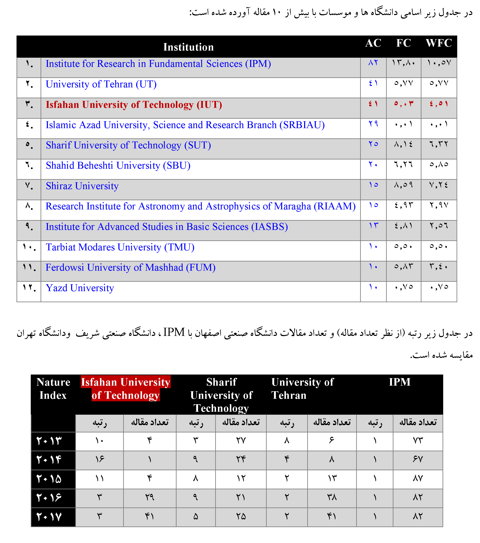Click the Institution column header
pyautogui.click(x=188, y=47)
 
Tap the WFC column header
pyautogui.click(x=439, y=43)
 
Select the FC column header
pyautogui.click(x=403, y=43)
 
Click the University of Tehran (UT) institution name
pyautogui.click(x=101, y=84)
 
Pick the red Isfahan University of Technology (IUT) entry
pyautogui.click(x=134, y=105)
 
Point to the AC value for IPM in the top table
pyautogui.click(x=373, y=63)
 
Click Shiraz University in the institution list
pyautogui.click(x=82, y=186)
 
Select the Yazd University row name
pyautogui.click(x=80, y=288)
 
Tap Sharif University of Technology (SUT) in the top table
pyautogui.click(x=128, y=145)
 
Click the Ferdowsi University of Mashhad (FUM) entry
pyautogui.click(x=131, y=268)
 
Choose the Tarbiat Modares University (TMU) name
pyautogui.click(x=120, y=247)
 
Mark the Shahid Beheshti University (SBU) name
pyautogui.click(x=118, y=166)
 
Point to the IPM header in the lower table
pyautogui.click(x=399, y=382)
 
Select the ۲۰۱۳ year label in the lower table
pyautogui.click(x=49, y=441)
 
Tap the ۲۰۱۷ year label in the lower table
pyautogui.click(x=49, y=517)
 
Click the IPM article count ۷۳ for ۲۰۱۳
pyautogui.click(x=417, y=441)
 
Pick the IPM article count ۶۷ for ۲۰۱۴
pyautogui.click(x=417, y=459)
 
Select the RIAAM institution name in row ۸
pyautogui.click(x=200, y=206)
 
